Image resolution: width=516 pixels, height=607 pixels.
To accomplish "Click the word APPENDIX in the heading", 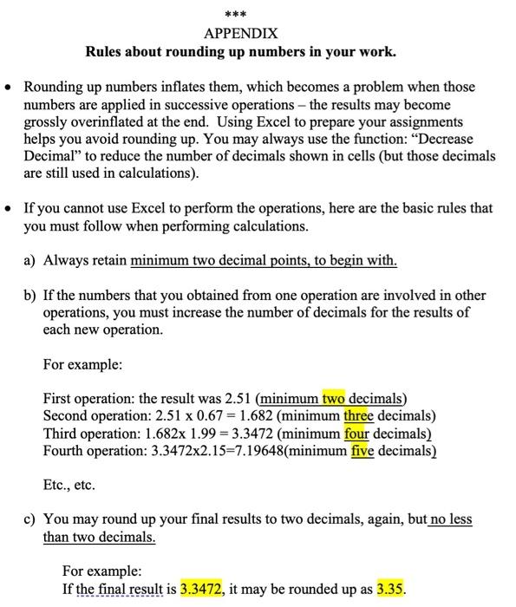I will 240,34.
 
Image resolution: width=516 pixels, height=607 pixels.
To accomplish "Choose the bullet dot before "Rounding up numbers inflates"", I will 8,88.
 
